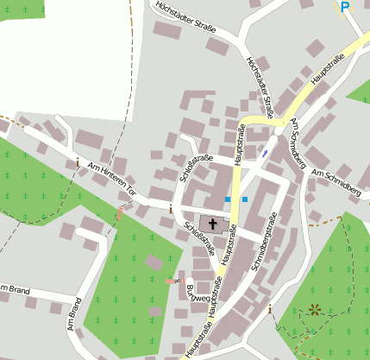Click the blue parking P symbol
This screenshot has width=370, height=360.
click(x=345, y=7)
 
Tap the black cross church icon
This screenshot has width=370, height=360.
click(x=212, y=223)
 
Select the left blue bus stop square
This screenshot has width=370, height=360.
click(x=229, y=199)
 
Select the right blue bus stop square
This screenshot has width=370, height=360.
click(x=245, y=199)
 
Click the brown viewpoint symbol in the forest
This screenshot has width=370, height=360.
click(x=313, y=308)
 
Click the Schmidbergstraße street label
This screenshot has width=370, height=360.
click(x=263, y=243)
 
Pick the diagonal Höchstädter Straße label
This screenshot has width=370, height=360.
click(x=260, y=86)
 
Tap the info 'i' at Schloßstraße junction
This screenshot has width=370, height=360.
click(x=171, y=208)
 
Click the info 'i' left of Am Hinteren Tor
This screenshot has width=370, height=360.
click(x=77, y=161)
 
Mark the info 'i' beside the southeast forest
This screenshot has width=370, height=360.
click(x=270, y=308)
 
